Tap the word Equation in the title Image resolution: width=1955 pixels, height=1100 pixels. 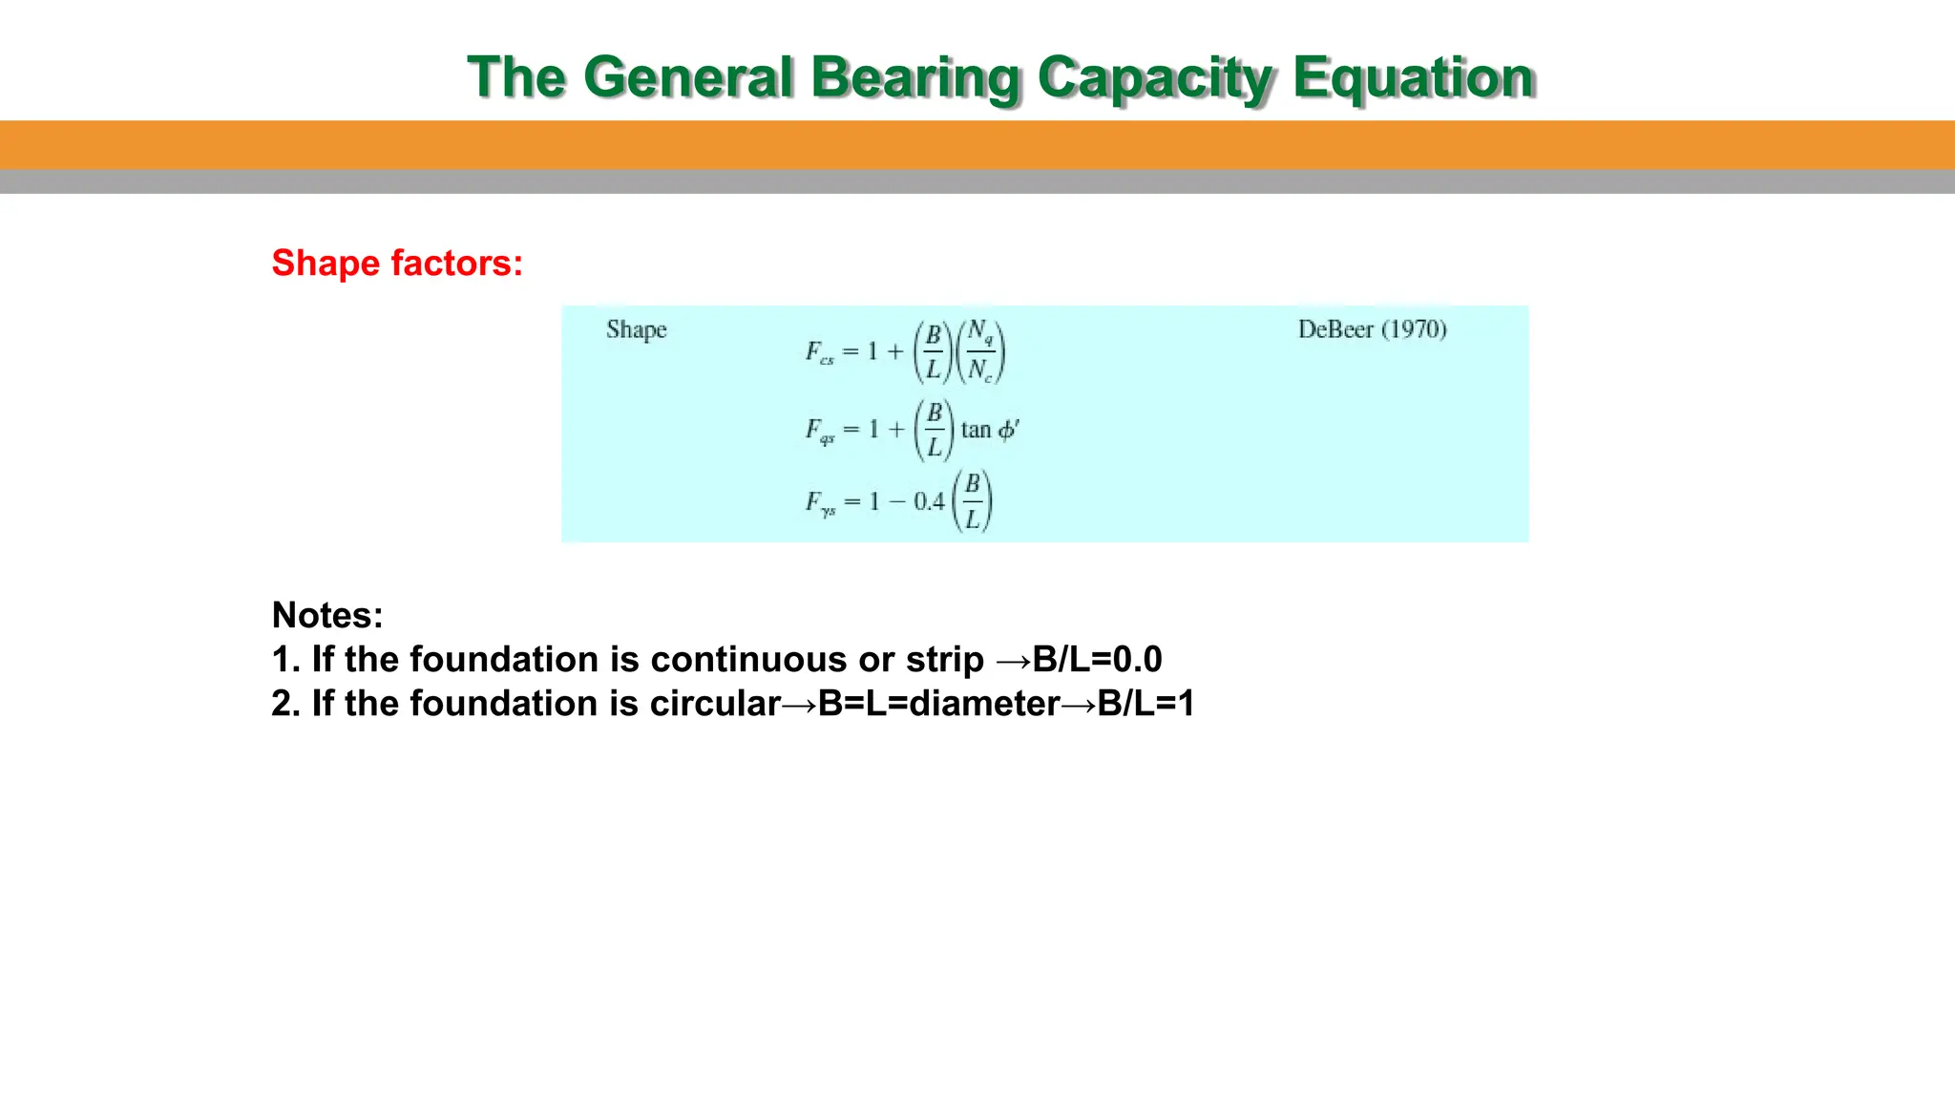pyautogui.click(x=1413, y=77)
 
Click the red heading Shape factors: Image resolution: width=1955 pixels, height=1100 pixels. pyautogui.click(x=397, y=263)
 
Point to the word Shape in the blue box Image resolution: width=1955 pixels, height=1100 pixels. pyautogui.click(x=636, y=330)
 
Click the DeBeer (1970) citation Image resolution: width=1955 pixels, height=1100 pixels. pyautogui.click(x=1372, y=329)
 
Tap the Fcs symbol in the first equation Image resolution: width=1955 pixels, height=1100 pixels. pyautogui.click(x=819, y=352)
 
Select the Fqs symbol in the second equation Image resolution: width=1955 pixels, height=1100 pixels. pyautogui.click(x=819, y=431)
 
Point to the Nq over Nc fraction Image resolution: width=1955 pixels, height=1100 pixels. pyautogui.click(x=980, y=351)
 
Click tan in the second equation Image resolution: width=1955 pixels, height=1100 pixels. pyautogui.click(x=976, y=430)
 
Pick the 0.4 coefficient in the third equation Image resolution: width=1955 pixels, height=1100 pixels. pyautogui.click(x=928, y=501)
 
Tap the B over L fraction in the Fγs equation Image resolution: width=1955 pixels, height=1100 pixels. pyautogui.click(x=972, y=501)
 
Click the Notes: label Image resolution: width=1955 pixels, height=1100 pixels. pyautogui.click(x=327, y=615)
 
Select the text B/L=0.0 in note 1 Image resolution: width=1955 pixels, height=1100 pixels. pyautogui.click(x=1097, y=660)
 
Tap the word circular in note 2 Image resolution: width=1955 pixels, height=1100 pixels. pyautogui.click(x=715, y=704)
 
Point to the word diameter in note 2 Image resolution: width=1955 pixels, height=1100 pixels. pyautogui.click(x=984, y=704)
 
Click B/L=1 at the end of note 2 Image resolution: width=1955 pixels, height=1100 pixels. pyautogui.click(x=1146, y=704)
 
